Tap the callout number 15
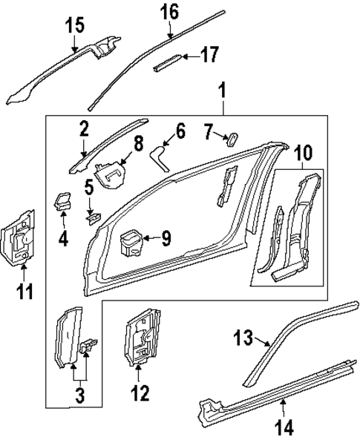tap(75, 25)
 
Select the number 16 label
tap(169, 12)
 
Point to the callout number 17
tap(209, 55)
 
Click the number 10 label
tap(304, 154)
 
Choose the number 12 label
tap(139, 391)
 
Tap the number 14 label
tap(284, 427)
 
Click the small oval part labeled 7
tap(229, 138)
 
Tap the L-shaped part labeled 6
tap(159, 157)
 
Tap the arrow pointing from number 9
tap(149, 238)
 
